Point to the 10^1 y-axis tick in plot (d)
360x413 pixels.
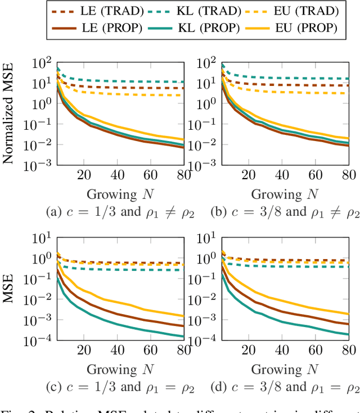[x=205, y=237]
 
